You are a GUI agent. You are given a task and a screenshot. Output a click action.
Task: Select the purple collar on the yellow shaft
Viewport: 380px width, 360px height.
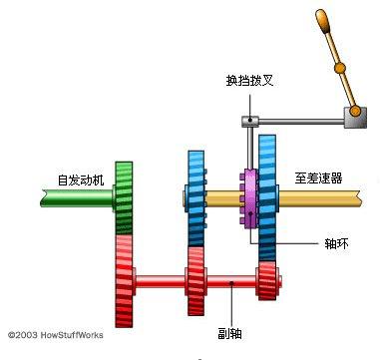(x=248, y=199)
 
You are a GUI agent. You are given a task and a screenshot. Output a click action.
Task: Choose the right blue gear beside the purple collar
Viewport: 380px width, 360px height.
(x=268, y=194)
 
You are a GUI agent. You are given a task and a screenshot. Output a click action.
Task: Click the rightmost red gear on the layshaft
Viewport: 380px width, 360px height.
(x=267, y=281)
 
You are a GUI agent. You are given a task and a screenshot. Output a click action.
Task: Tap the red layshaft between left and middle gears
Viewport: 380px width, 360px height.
(x=160, y=283)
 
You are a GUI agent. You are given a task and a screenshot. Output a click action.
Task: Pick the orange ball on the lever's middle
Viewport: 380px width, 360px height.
(x=340, y=68)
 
